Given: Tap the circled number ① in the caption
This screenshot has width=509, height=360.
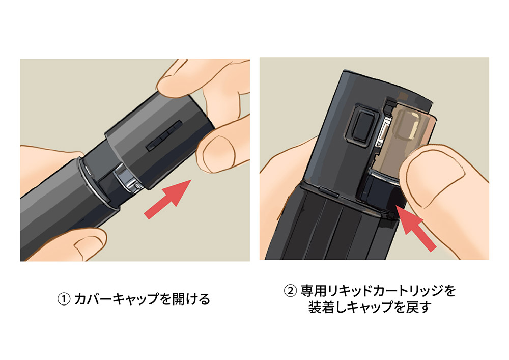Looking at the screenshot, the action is click(x=64, y=299).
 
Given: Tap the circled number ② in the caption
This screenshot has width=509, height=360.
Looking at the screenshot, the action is click(x=291, y=291).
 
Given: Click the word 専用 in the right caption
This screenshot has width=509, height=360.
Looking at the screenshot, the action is click(x=313, y=291).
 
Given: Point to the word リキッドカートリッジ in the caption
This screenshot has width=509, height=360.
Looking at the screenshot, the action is click(x=385, y=291).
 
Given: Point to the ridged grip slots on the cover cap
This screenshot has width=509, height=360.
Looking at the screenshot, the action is click(x=164, y=135).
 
